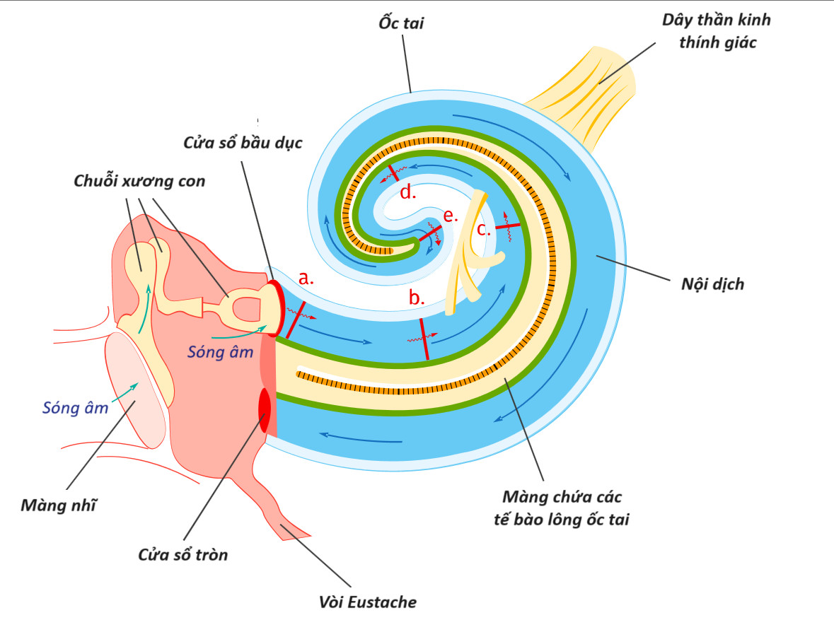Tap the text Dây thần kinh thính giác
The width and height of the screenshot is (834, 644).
[716, 31]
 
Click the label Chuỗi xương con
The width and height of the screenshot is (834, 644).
[139, 181]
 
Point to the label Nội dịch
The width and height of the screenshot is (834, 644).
[712, 285]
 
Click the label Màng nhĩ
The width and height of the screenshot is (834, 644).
[59, 506]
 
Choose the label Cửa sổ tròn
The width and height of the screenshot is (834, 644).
[183, 555]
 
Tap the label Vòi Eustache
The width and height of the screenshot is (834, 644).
[366, 602]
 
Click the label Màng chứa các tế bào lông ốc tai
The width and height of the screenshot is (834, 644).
[562, 508]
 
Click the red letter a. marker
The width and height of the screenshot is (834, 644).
[306, 279]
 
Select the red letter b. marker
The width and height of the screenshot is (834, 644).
[416, 298]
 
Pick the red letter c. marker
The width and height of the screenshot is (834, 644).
[483, 228]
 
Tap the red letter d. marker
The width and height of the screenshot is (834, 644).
[407, 192]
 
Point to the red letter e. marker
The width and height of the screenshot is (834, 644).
[451, 216]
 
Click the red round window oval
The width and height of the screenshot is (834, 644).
[265, 410]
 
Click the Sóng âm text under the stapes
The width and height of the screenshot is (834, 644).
[221, 351]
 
